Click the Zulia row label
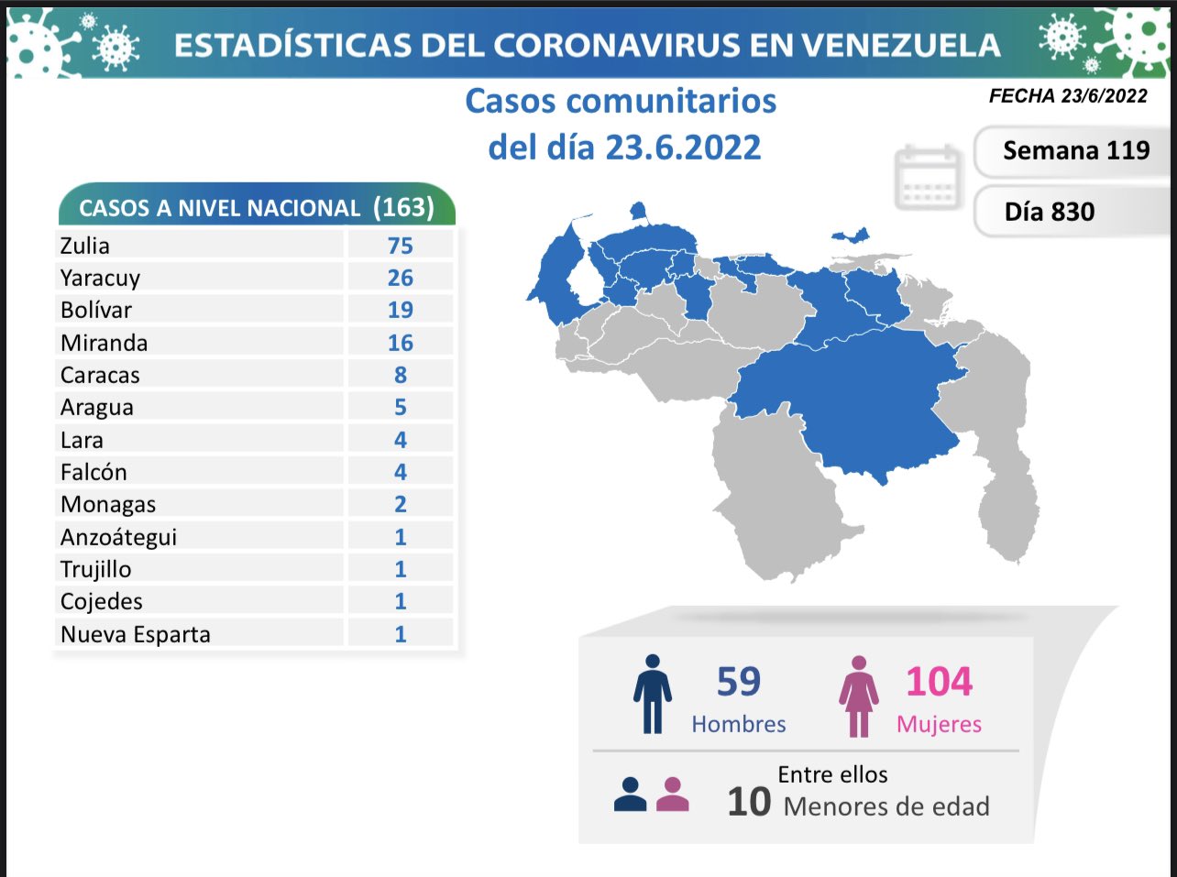(85, 246)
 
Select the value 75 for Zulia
(400, 246)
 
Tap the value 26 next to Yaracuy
(400, 278)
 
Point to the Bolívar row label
(96, 310)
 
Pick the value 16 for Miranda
(400, 343)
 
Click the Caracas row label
(100, 375)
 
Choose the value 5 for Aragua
(400, 407)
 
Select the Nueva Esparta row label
(136, 634)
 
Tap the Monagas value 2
(400, 504)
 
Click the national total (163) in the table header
(403, 207)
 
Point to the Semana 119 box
(1075, 150)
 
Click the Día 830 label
(1050, 212)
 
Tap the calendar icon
(928, 177)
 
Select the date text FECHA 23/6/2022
(1068, 96)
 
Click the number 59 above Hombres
(739, 682)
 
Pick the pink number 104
(939, 682)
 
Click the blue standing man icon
(652, 694)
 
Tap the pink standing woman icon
(859, 696)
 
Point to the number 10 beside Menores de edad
(749, 802)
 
